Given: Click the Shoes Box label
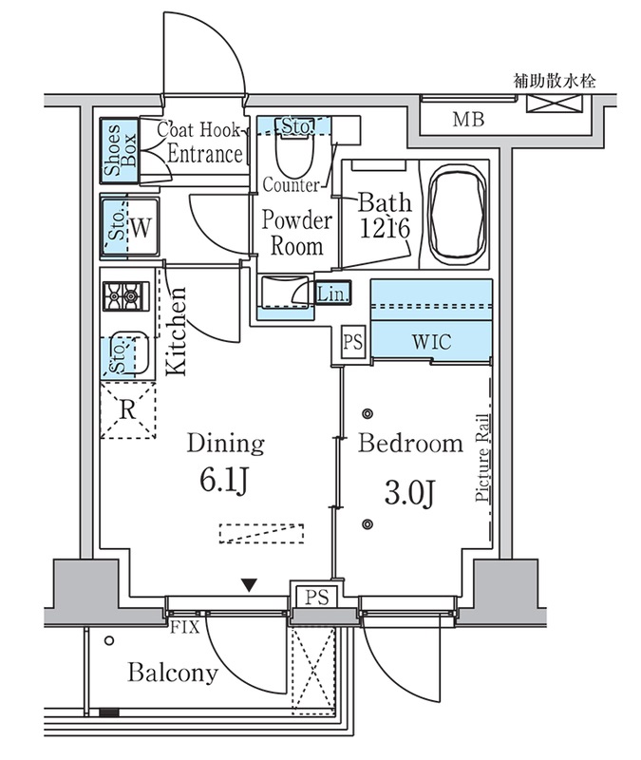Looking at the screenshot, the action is [120, 150].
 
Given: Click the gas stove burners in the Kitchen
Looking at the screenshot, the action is [125, 295].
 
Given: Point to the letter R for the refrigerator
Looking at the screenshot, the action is [127, 410].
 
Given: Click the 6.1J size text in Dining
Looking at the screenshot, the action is [224, 481].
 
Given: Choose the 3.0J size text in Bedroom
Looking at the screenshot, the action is [408, 493].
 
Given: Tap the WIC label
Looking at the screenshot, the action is [431, 342].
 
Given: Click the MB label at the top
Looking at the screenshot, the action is [468, 120].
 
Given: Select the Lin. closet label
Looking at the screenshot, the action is [332, 294].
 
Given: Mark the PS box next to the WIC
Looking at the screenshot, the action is [352, 342].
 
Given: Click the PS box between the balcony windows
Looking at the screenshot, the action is [317, 597].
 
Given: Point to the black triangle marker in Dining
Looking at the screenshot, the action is [249, 585].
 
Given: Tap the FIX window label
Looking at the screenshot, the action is [184, 627].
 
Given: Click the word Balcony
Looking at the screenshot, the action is [173, 674].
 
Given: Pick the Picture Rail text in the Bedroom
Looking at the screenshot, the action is [482, 458].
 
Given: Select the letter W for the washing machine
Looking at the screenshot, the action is [141, 228].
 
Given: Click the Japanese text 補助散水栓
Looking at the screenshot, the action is [555, 81].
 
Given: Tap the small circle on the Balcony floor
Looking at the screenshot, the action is [109, 640].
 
